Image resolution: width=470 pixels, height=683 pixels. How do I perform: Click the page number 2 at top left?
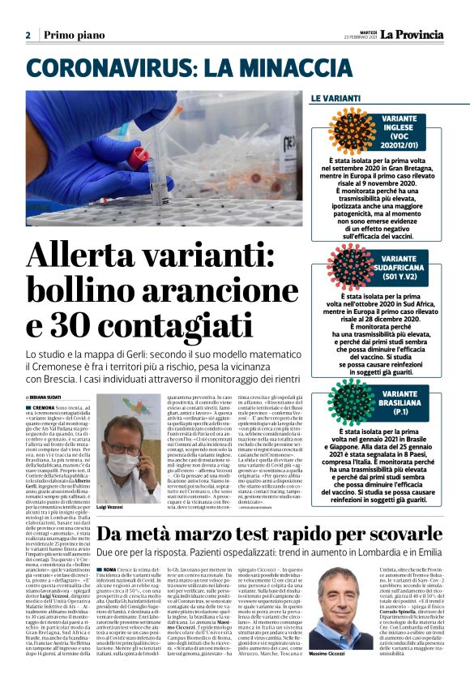tap(28, 35)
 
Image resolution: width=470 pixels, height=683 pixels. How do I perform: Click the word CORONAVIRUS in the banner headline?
tap(112, 68)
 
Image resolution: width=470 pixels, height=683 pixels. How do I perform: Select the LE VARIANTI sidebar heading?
tap(335, 99)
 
